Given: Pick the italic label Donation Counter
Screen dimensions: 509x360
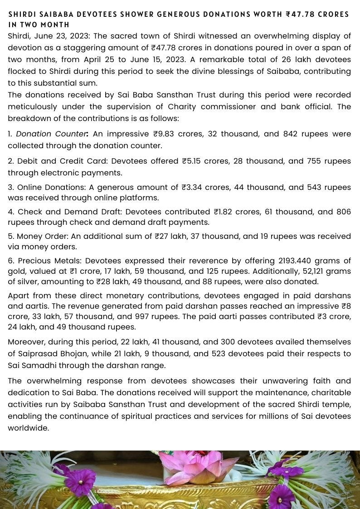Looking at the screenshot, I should pos(52,134).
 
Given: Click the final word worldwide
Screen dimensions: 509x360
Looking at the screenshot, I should pos(28,428).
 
